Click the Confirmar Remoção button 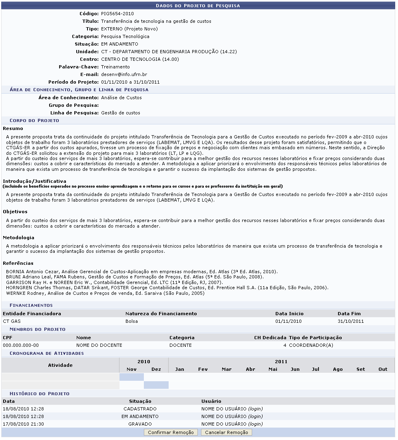click(x=171, y=432)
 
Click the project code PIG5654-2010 click(x=117, y=14)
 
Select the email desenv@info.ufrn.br click(x=124, y=74)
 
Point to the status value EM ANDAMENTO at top click(x=119, y=44)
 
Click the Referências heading click(x=18, y=263)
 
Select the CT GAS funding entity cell click(x=11, y=321)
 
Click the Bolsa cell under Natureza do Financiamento click(x=131, y=321)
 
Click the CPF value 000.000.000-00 click(x=21, y=345)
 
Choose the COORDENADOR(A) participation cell click(x=311, y=345)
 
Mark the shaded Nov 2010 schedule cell click(x=131, y=377)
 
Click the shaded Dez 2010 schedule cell click(x=156, y=385)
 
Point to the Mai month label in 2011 click(x=273, y=369)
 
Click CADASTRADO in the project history click(x=140, y=409)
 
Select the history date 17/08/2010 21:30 click(x=23, y=424)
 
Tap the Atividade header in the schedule click(x=60, y=365)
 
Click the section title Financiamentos click(x=31, y=305)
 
